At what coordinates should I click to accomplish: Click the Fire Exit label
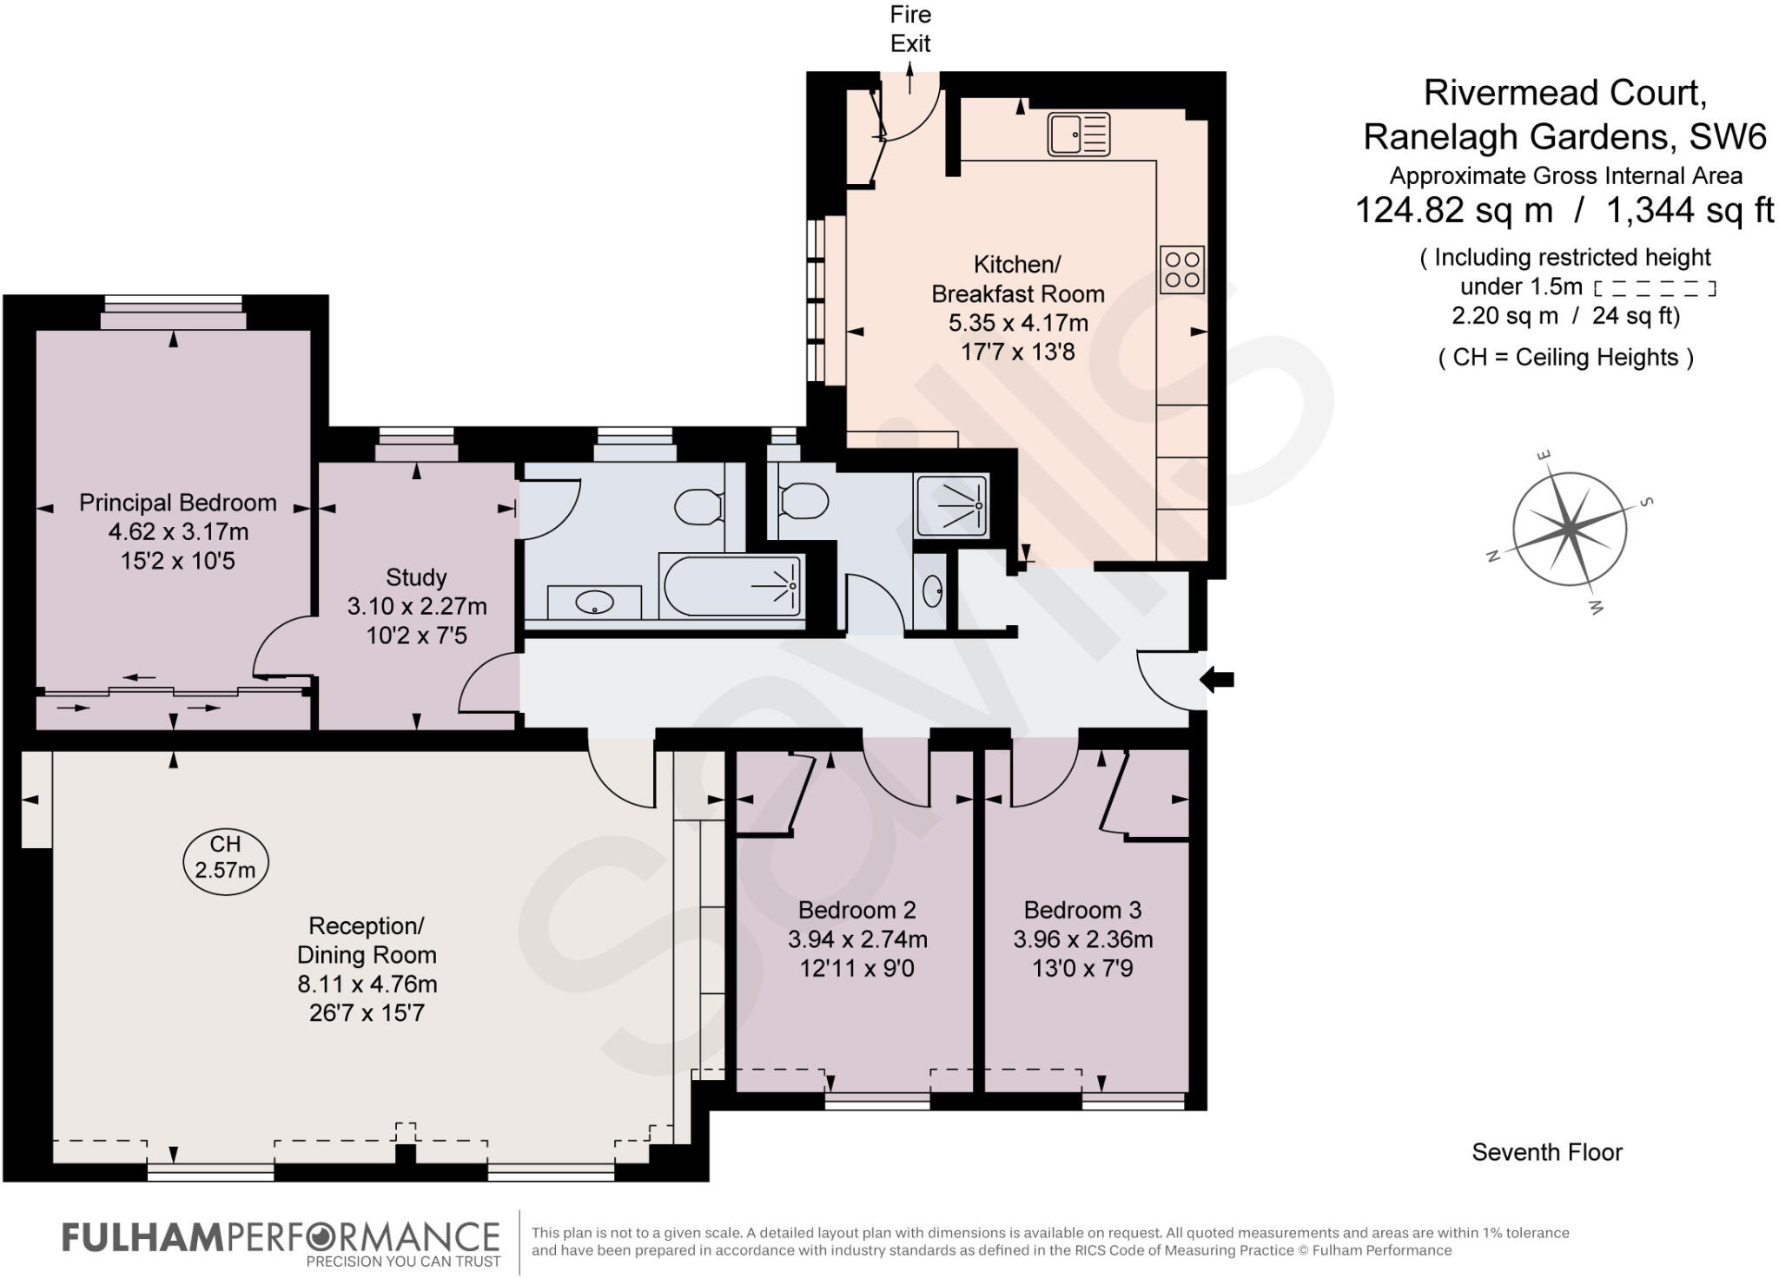[x=909, y=29]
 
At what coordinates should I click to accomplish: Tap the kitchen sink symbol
[x=1078, y=135]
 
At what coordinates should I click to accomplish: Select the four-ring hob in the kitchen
[x=1181, y=269]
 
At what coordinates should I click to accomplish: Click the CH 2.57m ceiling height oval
[x=225, y=857]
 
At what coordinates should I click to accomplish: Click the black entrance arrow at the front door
[x=1217, y=680]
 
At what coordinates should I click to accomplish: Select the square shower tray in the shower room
[x=951, y=504]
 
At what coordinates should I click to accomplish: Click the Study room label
[x=416, y=577]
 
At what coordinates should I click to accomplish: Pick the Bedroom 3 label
[x=1082, y=910]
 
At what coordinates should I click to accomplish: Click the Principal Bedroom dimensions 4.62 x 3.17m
[x=177, y=531]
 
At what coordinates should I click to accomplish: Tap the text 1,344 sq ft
[x=1690, y=210]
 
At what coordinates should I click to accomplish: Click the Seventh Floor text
[x=1546, y=1152]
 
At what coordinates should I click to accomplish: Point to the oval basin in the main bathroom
[x=594, y=602]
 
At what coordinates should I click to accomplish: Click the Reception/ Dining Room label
[x=367, y=940]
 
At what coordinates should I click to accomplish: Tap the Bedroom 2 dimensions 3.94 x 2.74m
[x=857, y=939]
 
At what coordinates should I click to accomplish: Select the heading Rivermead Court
[x=1564, y=93]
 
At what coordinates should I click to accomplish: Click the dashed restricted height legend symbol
[x=1655, y=287]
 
